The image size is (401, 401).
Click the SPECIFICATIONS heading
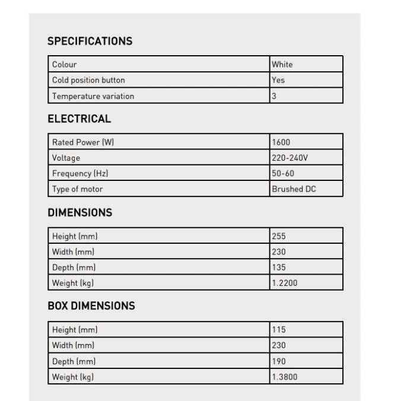(90, 42)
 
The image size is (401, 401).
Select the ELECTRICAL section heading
(79, 119)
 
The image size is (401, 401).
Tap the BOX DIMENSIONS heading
(91, 306)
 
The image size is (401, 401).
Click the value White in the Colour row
(282, 65)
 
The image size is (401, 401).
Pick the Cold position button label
(88, 80)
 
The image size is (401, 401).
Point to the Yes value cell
(278, 80)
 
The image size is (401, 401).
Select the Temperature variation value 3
(274, 96)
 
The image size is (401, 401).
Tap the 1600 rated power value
(281, 142)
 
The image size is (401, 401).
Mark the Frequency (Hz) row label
(80, 174)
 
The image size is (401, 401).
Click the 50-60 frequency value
(283, 174)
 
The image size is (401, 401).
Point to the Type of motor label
(77, 189)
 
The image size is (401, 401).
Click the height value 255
(279, 236)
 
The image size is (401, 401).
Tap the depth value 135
(279, 268)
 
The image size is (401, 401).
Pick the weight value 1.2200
(285, 283)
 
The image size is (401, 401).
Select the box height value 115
(279, 330)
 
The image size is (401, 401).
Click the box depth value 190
(279, 361)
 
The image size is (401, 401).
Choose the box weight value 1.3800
(285, 377)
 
